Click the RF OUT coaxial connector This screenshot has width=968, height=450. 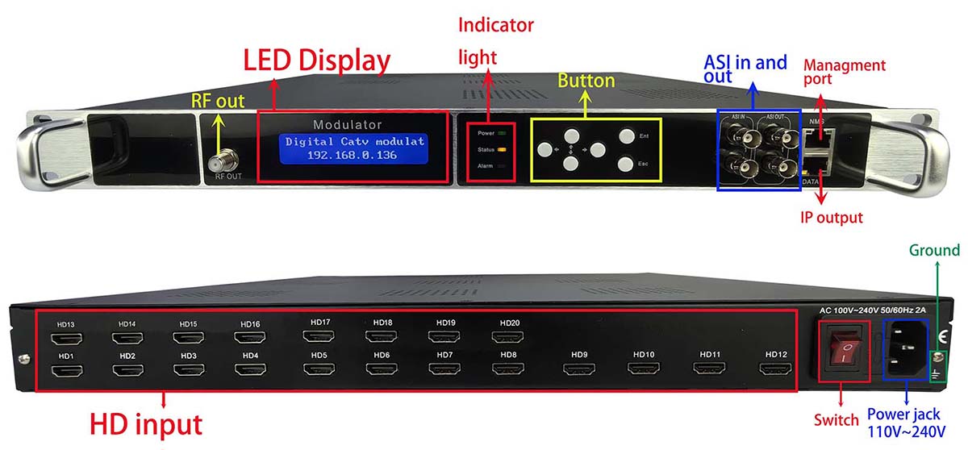click(x=223, y=161)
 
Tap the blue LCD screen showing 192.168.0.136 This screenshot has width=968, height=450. click(x=354, y=148)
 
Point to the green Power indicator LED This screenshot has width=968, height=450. click(x=502, y=133)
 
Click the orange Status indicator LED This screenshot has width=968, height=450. click(x=502, y=149)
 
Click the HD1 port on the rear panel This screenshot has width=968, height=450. click(x=67, y=371)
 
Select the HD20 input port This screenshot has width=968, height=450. click(x=507, y=336)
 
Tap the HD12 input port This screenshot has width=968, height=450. click(x=776, y=369)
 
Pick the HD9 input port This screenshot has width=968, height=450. click(x=579, y=369)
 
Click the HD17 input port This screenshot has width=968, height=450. click(x=319, y=335)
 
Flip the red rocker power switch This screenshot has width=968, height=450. click(x=844, y=352)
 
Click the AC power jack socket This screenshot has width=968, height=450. click(x=905, y=349)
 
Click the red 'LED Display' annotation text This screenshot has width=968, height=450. click(x=317, y=60)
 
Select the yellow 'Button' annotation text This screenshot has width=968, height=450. click(x=586, y=81)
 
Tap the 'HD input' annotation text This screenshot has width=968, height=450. click(x=146, y=424)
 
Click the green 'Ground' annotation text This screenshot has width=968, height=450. click(x=934, y=250)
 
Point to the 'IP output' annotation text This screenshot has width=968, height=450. click(x=832, y=217)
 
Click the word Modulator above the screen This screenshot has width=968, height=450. click(x=348, y=125)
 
